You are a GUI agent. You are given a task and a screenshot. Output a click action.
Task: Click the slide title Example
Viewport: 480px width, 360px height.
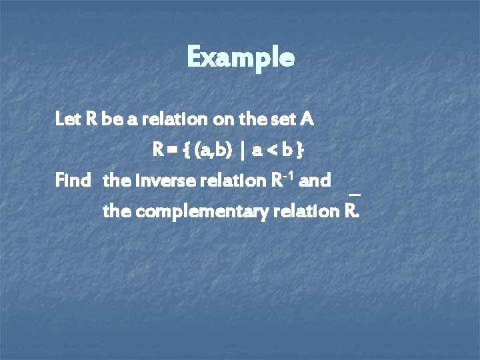coord(240,57)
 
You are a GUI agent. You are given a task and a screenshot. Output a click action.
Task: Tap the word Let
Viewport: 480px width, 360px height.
coord(67,120)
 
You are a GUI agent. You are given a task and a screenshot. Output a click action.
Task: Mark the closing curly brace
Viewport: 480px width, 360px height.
coord(301,151)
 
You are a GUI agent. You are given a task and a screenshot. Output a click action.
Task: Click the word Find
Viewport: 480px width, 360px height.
coord(71,181)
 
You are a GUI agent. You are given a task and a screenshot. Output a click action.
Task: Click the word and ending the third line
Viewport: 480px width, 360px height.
coord(317,181)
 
